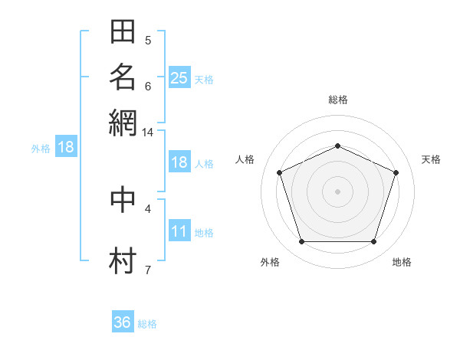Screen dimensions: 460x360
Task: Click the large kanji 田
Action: tap(123, 31)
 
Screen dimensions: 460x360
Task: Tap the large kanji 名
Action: tap(123, 77)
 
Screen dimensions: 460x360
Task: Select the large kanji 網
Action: tap(123, 123)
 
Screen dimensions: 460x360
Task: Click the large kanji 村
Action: tap(123, 260)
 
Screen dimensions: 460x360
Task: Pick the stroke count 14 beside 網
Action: tap(147, 133)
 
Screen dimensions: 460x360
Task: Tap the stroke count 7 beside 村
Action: tap(148, 270)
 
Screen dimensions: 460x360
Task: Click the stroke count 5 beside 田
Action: tap(148, 41)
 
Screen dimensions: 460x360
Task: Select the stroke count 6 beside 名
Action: tap(148, 87)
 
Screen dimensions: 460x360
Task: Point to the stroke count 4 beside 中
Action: tap(148, 209)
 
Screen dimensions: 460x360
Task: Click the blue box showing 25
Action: tap(179, 77)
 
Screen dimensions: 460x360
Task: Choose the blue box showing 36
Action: tap(123, 321)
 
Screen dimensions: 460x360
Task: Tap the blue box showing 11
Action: tap(179, 230)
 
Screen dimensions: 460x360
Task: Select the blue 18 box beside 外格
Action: tap(66, 146)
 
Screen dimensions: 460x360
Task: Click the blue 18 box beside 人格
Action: tap(179, 162)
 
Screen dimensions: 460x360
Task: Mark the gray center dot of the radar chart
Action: tap(337, 191)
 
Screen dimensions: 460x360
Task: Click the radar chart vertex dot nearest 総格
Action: tap(337, 146)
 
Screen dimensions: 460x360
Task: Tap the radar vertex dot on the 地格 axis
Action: tap(373, 241)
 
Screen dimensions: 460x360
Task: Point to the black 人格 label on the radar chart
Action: tap(245, 159)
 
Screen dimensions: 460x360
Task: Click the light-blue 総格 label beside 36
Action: tap(147, 324)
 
